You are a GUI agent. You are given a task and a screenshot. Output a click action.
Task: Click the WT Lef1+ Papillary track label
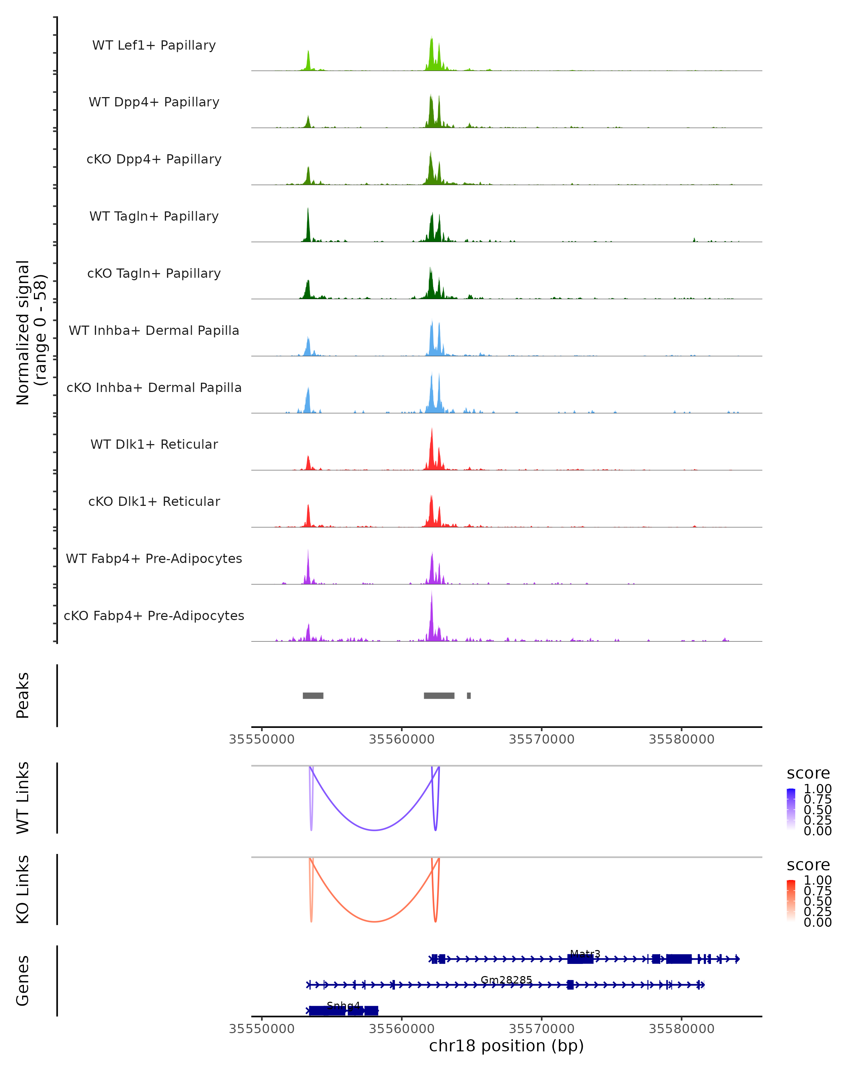154,45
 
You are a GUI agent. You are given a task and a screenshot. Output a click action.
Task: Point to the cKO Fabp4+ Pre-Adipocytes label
154,615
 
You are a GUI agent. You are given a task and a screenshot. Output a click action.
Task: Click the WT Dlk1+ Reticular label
154,444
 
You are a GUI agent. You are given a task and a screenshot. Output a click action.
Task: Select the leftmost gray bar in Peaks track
313,695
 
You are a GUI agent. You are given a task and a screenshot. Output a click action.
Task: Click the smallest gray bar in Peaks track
468,695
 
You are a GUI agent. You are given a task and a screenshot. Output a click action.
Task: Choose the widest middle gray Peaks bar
439,695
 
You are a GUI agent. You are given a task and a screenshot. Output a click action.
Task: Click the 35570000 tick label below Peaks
542,740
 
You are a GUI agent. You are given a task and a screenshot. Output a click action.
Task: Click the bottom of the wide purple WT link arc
375,830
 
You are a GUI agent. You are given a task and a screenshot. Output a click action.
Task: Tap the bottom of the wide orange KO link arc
375,921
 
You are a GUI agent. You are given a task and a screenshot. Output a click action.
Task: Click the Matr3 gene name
585,954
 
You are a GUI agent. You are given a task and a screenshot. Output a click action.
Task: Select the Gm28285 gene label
506,980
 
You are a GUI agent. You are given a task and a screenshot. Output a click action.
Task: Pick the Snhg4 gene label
343,1006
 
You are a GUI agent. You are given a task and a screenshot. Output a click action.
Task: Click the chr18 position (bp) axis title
506,1046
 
